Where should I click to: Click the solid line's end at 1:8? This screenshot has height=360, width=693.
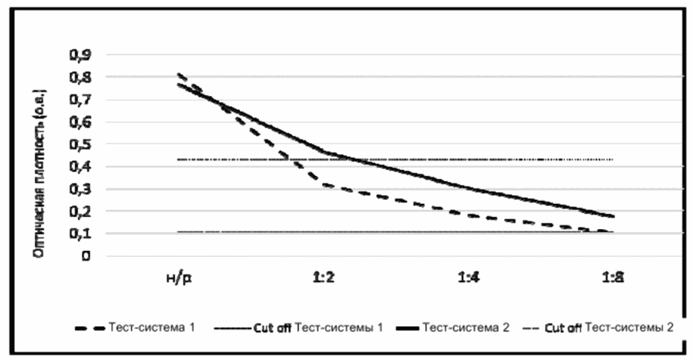click(x=613, y=216)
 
